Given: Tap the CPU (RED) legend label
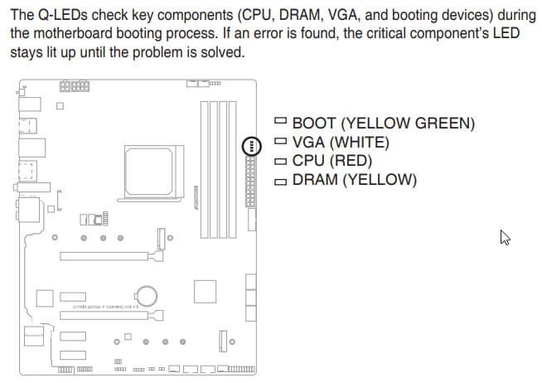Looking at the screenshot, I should (331, 160).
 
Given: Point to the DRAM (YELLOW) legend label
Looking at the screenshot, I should (354, 179).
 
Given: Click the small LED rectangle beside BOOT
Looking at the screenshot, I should (280, 123).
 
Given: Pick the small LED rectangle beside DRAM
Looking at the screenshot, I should (280, 180).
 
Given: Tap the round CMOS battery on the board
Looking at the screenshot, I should (148, 295).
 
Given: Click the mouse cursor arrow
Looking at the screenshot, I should (504, 237).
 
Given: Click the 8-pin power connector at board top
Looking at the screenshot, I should (75, 85).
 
